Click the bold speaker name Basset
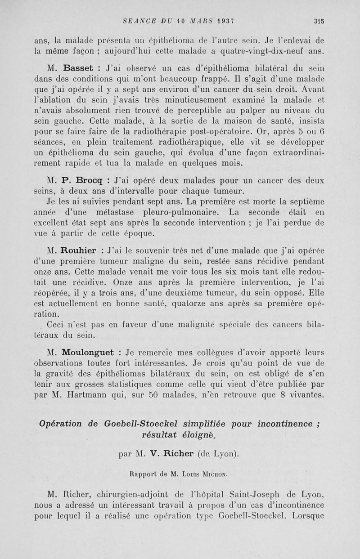(x=74, y=69)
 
